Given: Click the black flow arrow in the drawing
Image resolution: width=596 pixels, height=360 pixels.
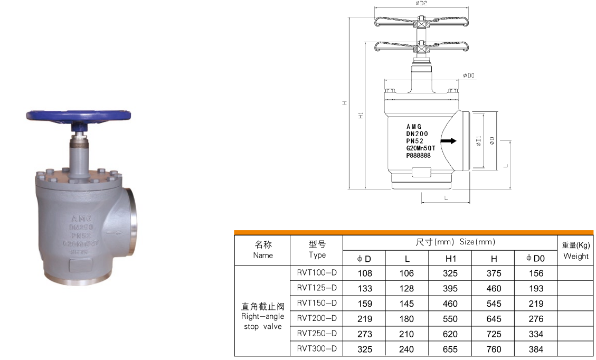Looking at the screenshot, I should tap(449, 141).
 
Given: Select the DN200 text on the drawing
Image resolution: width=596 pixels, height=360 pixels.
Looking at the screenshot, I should tap(417, 134).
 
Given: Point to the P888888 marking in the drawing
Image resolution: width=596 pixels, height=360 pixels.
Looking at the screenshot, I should tap(418, 156).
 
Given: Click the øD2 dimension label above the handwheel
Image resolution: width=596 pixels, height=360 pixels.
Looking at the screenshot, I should tap(421, 4).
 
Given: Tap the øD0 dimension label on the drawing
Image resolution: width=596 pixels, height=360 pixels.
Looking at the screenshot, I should tap(469, 75).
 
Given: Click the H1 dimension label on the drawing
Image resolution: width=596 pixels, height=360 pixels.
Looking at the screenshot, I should tap(361, 115).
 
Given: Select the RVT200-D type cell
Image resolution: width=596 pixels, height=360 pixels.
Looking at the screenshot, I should tap(317, 318).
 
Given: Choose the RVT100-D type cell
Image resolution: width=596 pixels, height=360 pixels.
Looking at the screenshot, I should tap(317, 273).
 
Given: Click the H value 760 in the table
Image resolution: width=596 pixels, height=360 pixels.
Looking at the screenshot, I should tap(494, 349).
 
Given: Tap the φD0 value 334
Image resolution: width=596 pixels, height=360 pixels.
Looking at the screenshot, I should tap(535, 334).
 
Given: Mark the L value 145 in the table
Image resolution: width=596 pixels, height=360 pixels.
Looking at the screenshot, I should tap(406, 304).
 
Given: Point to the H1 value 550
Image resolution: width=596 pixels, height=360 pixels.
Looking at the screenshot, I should tap(450, 319).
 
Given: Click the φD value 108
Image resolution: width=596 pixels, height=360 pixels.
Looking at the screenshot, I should tap(365, 273).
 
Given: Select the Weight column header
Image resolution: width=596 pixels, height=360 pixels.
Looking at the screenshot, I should tap(575, 251).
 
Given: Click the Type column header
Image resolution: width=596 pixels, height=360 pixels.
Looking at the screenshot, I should tap(317, 250).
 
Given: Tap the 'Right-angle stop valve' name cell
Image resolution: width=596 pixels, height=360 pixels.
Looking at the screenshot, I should tap(262, 316).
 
